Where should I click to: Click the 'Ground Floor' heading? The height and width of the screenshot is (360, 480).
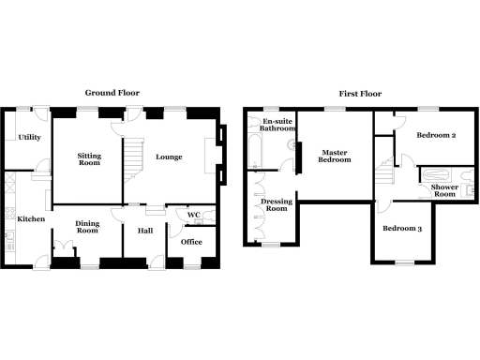(113, 93)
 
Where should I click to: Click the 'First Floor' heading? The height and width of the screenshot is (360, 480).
(356, 93)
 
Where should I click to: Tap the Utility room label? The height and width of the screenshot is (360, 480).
(28, 138)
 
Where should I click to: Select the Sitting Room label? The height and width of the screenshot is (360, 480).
(88, 158)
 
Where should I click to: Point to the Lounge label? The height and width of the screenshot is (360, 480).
(169, 157)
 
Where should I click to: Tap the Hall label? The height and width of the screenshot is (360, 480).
(145, 231)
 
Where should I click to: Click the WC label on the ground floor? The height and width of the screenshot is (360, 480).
(194, 216)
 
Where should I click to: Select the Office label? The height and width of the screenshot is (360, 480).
(192, 242)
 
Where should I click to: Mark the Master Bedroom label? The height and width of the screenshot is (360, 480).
(335, 156)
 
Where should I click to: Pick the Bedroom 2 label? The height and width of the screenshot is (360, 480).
(436, 136)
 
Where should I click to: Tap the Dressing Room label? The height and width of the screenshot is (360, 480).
(276, 204)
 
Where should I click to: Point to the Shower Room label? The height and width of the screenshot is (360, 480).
(443, 191)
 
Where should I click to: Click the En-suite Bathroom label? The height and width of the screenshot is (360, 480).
(278, 127)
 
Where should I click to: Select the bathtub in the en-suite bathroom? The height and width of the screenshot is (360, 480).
(255, 150)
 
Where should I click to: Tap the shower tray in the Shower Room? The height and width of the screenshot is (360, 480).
(437, 174)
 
